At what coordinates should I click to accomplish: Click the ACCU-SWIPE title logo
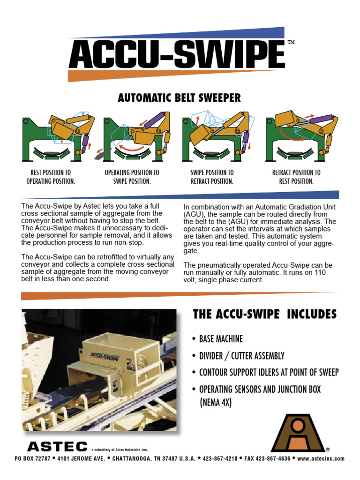177,55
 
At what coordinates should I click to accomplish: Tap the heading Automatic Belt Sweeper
179,97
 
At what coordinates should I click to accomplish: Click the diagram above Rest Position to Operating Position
58,135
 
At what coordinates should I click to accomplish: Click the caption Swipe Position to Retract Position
211,177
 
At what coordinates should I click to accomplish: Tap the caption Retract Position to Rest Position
296,177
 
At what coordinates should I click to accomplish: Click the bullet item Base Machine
220,339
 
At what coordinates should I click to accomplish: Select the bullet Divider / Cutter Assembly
241,356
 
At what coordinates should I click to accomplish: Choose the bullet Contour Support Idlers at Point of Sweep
269,373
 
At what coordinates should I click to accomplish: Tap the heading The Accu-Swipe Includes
264,315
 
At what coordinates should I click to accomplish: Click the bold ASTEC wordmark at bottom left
57,446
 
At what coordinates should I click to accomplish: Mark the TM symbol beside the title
291,42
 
